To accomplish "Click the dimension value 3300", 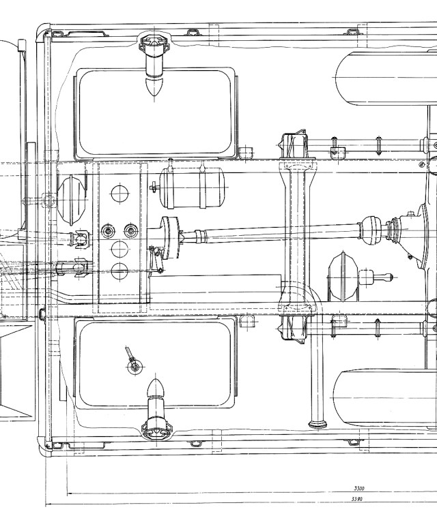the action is click(359, 489).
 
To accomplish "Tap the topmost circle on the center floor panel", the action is click(119, 193).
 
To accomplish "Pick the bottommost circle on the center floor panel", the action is click(119, 271).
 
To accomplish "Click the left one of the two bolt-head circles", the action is click(109, 231).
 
